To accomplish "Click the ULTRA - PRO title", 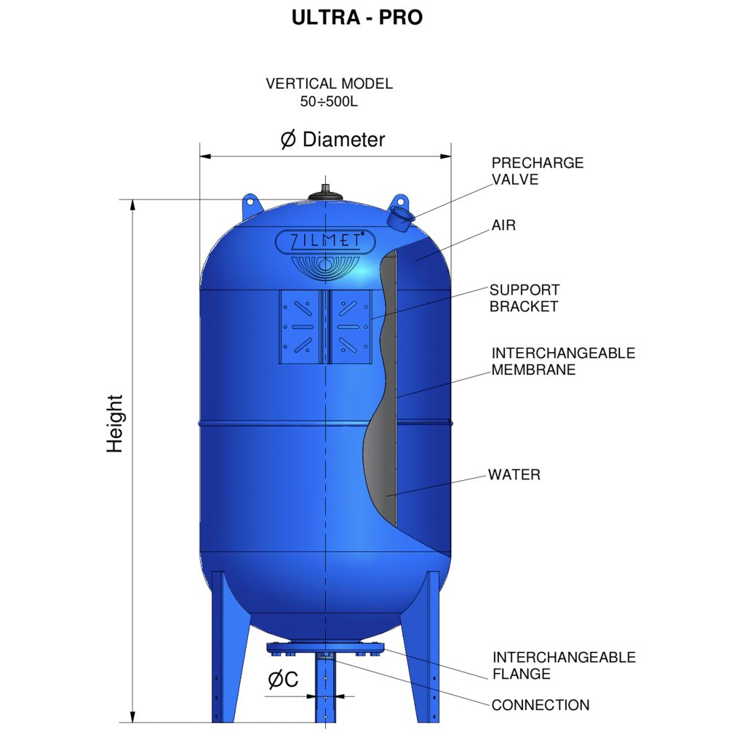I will (x=356, y=17).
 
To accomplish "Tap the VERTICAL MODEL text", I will (x=329, y=84).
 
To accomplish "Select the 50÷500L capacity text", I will (x=329, y=102).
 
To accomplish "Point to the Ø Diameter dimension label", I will (x=332, y=140).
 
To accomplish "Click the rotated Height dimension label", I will (x=116, y=423).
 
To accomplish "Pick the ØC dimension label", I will (x=283, y=680).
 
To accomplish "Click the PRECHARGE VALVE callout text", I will (x=537, y=171).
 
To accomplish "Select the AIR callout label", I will (x=503, y=226).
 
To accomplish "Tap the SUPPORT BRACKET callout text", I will (x=524, y=298).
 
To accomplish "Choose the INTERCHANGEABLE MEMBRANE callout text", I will (x=562, y=362).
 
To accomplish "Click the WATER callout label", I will (x=514, y=475).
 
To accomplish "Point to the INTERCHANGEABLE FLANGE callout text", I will (x=563, y=666).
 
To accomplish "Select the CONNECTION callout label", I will (x=540, y=705).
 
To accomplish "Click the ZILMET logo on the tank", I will (x=324, y=239).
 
